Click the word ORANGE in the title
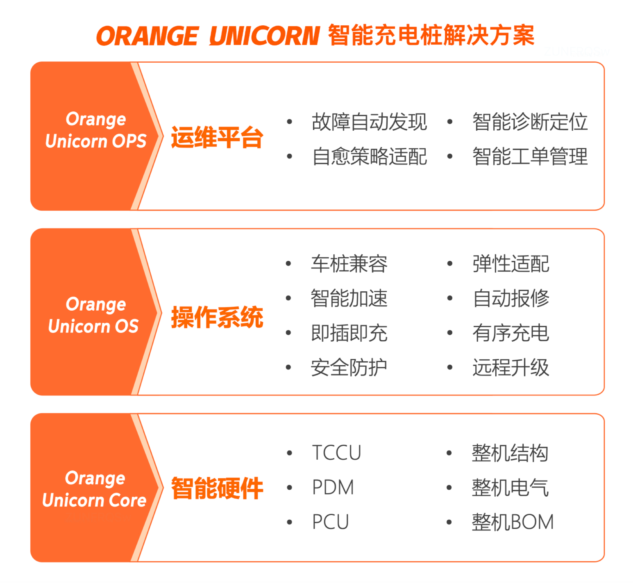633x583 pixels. [147, 36]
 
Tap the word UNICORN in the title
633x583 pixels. [265, 36]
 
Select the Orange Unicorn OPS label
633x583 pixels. [96, 130]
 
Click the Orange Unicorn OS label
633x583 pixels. [94, 315]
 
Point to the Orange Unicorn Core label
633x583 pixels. [94, 489]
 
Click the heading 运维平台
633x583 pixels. [217, 137]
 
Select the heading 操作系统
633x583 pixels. [217, 317]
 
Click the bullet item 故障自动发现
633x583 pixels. [369, 122]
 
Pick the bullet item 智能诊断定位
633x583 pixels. [530, 122]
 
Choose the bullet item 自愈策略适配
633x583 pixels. [369, 156]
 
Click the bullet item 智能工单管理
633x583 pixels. [530, 156]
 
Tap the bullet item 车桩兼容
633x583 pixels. [349, 264]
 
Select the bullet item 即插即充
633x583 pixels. [349, 333]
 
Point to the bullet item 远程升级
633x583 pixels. [511, 367]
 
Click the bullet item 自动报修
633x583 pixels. [511, 298]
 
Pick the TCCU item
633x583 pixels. [336, 453]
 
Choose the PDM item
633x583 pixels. [333, 487]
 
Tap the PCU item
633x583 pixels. [330, 522]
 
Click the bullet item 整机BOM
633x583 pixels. [513, 522]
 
